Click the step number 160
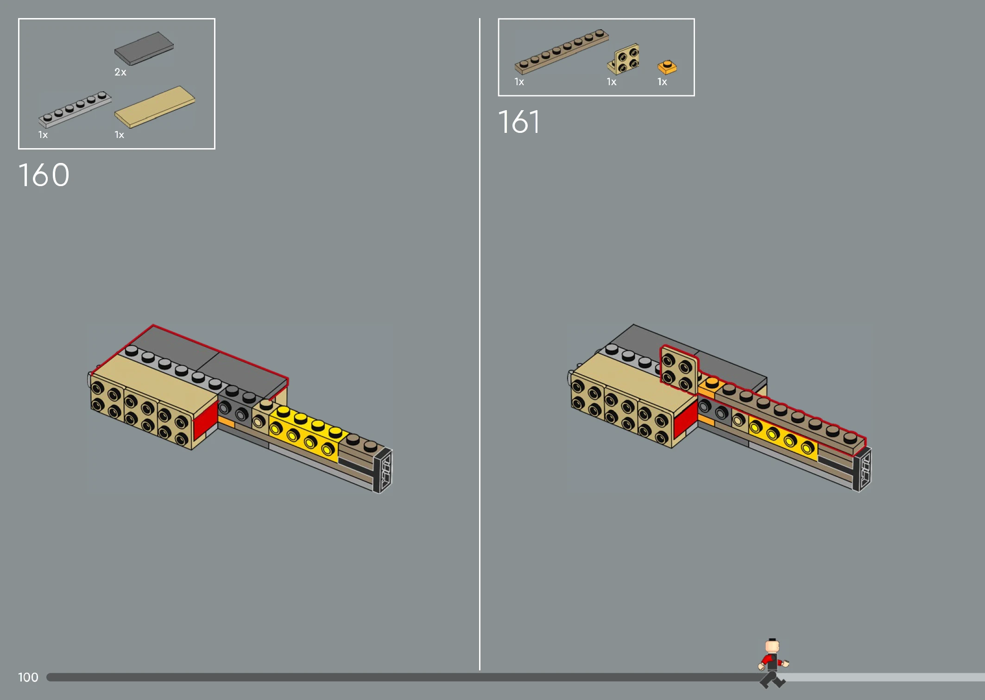(x=44, y=175)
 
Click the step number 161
(x=519, y=122)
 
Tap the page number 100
(x=28, y=677)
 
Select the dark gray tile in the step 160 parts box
(x=144, y=48)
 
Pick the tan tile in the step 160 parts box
(x=155, y=106)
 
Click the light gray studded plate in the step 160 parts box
(x=75, y=109)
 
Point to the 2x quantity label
(x=120, y=72)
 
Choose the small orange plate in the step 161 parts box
(x=667, y=68)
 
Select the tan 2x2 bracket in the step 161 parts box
(x=624, y=59)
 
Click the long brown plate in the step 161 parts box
(x=562, y=52)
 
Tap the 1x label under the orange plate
(x=663, y=82)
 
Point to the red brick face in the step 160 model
(x=205, y=420)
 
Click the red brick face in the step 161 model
(x=686, y=420)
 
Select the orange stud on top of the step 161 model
(x=712, y=383)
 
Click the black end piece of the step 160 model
(x=384, y=470)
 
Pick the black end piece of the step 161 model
(x=863, y=469)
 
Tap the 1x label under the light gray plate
(x=43, y=135)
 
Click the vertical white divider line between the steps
(x=480, y=344)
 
